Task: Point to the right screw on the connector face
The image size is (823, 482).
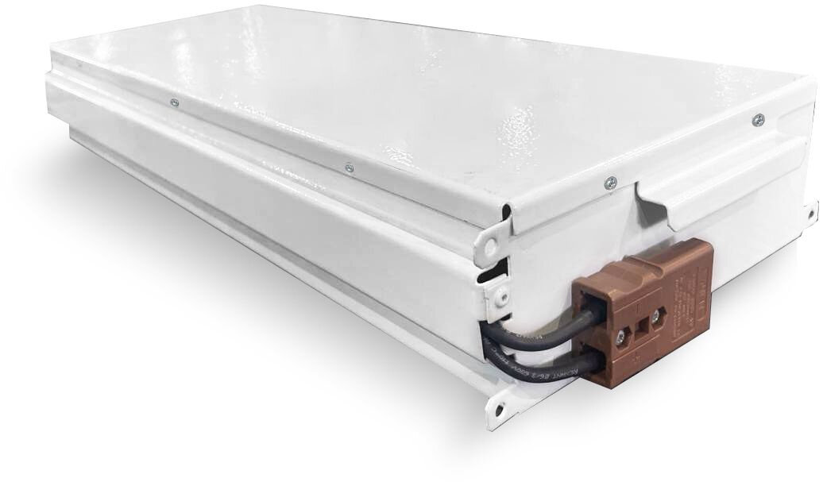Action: coord(655,318)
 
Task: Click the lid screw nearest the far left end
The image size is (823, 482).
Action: coord(173,102)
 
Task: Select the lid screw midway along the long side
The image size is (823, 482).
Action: coord(349,168)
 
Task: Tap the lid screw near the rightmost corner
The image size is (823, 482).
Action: coord(758,120)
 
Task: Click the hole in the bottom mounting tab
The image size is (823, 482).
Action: coord(499,406)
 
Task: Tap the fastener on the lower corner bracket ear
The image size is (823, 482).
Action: coord(500,295)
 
